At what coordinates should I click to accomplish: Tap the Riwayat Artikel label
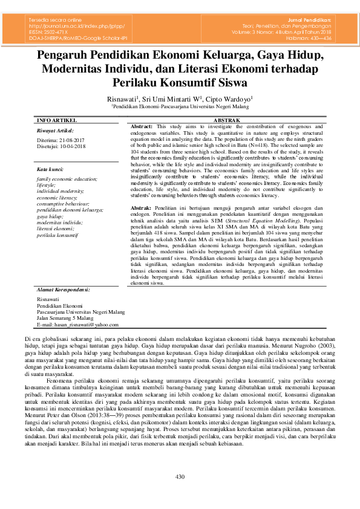[x=55, y=131]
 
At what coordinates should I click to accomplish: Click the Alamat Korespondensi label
[x=64, y=290]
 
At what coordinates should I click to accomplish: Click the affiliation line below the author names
[x=180, y=105]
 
